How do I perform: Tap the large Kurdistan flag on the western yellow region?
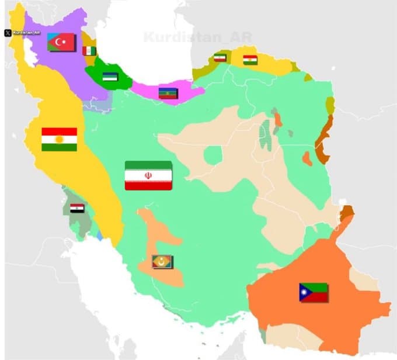(x=59, y=139)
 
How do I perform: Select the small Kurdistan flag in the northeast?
(x=250, y=60)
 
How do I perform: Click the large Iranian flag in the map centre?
(x=148, y=175)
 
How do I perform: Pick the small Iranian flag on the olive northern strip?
(x=220, y=57)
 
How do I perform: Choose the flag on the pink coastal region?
(x=168, y=92)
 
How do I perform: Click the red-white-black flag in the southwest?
(x=77, y=208)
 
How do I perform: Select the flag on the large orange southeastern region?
(x=314, y=292)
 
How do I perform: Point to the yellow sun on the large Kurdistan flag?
(x=59, y=139)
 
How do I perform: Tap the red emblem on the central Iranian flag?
(x=148, y=175)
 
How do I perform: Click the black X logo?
(x=8, y=33)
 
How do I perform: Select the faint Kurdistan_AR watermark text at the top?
(x=197, y=37)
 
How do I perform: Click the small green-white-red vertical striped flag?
(x=89, y=51)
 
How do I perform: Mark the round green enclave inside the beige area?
(x=214, y=155)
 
